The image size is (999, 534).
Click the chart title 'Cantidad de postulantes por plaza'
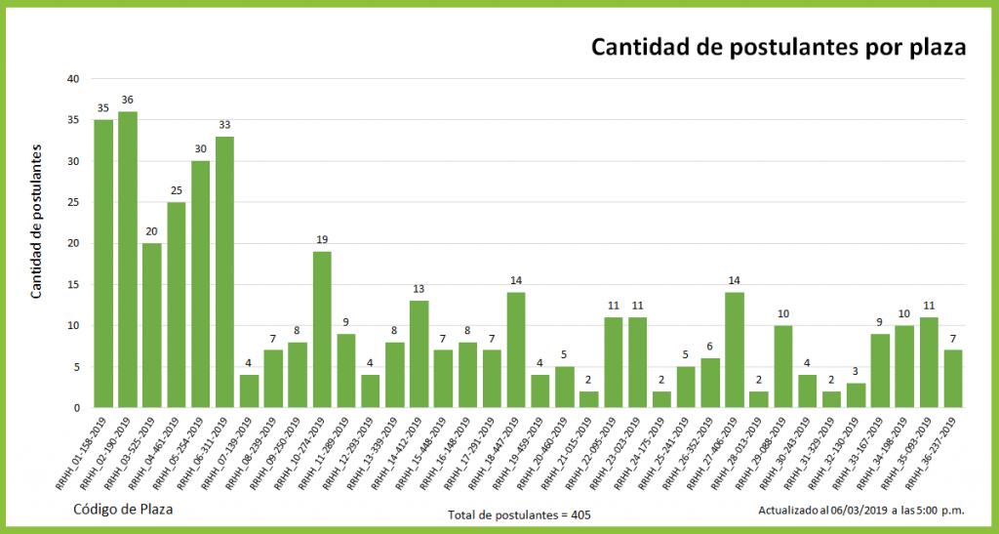[x=779, y=48]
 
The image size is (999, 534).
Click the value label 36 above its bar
[x=128, y=100]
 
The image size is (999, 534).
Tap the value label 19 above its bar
[x=322, y=239]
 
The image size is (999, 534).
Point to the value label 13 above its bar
[x=419, y=289]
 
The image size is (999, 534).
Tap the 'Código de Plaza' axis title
[x=123, y=509]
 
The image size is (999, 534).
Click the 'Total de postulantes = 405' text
[x=519, y=514]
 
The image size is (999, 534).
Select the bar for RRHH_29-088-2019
[x=783, y=366]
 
